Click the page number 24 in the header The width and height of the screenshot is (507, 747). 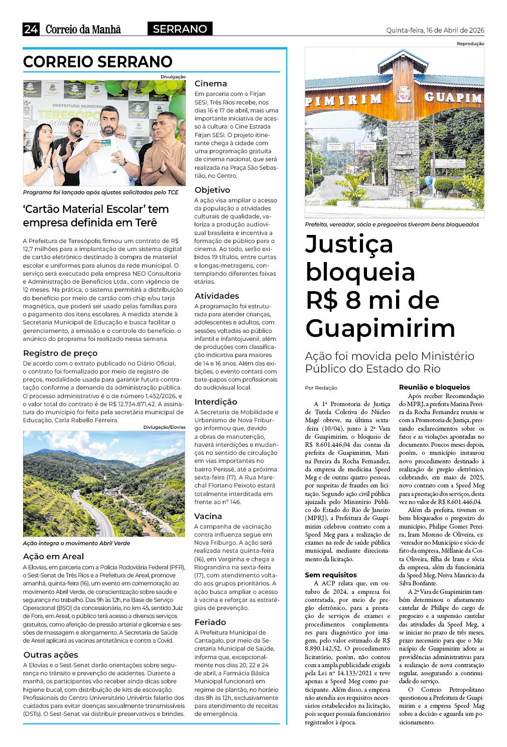point(31,29)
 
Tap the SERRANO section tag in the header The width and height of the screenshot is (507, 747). point(180,29)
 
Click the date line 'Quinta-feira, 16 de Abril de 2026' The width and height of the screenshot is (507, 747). point(435,30)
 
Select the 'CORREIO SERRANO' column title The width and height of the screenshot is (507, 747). point(98,62)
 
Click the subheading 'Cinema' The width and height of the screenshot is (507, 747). point(211,84)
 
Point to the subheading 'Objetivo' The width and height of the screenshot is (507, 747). point(212,190)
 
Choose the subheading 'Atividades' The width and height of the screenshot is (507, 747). point(217,296)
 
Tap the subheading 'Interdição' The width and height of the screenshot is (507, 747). point(216,402)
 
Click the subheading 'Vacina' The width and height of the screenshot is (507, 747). point(208,517)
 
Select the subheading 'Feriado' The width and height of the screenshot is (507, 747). point(210,623)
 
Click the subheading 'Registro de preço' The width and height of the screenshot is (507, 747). point(60,353)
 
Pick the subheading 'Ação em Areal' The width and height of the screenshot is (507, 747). point(53,557)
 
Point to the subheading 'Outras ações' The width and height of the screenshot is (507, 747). point(51,655)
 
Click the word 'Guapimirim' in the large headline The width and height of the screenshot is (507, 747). point(381,329)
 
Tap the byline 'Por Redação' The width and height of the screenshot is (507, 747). point(321,388)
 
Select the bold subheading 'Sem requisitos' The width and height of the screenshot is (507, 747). point(331,575)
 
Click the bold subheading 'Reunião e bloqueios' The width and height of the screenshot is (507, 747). point(435,388)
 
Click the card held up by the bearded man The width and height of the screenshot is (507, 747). point(106,143)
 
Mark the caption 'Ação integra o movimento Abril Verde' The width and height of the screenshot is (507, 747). point(76,543)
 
